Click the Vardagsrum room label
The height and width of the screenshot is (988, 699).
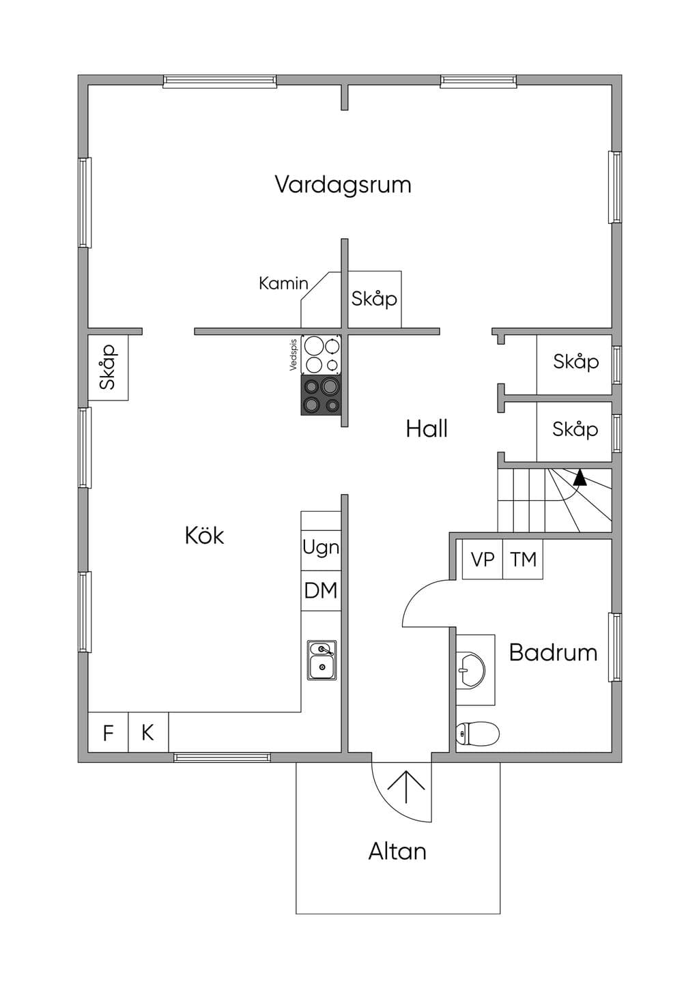(343, 185)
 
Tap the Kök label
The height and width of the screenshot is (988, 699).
(204, 536)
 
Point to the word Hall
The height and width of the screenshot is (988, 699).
(427, 428)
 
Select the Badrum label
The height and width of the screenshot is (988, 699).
(554, 652)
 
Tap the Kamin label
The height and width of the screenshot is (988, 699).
(283, 283)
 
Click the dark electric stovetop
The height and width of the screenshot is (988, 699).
(321, 395)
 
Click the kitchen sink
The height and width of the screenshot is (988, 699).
(322, 660)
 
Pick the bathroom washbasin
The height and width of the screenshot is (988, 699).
(470, 670)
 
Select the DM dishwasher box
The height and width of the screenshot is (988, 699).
(321, 590)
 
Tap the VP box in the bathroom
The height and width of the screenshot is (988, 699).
(483, 559)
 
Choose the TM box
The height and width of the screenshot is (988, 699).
(523, 559)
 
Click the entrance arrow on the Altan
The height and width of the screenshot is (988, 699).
(406, 787)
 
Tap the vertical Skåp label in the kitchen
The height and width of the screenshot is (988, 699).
(108, 367)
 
